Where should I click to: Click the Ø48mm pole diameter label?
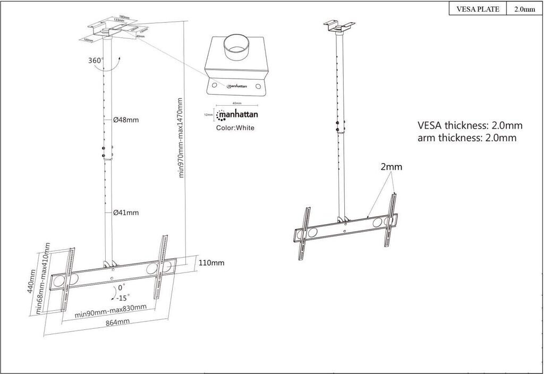126,120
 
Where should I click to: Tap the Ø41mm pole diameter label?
126,212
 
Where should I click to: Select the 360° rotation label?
96,60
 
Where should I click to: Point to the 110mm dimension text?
211,262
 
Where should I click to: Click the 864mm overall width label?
117,322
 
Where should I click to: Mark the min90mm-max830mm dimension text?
110,311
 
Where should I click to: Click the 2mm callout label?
391,167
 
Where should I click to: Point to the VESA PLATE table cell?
478,9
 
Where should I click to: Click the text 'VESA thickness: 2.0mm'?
470,126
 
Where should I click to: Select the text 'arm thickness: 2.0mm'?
467,138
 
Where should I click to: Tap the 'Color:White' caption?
235,127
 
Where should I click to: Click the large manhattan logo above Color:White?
237,114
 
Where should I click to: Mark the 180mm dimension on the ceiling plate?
125,17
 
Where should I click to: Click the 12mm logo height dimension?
209,114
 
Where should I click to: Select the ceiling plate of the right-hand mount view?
339,25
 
